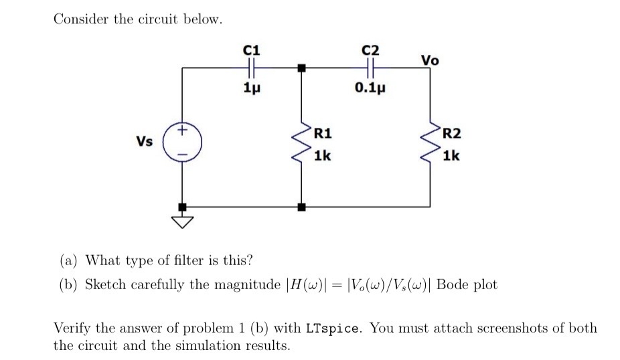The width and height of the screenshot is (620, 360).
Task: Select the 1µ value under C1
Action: [x=251, y=88]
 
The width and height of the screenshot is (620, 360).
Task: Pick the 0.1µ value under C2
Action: [x=370, y=88]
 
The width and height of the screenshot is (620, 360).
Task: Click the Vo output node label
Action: [x=430, y=60]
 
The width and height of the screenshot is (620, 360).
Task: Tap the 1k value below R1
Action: [x=322, y=156]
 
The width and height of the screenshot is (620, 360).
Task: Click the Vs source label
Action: [x=144, y=141]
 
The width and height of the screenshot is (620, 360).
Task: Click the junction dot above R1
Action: [x=302, y=67]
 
